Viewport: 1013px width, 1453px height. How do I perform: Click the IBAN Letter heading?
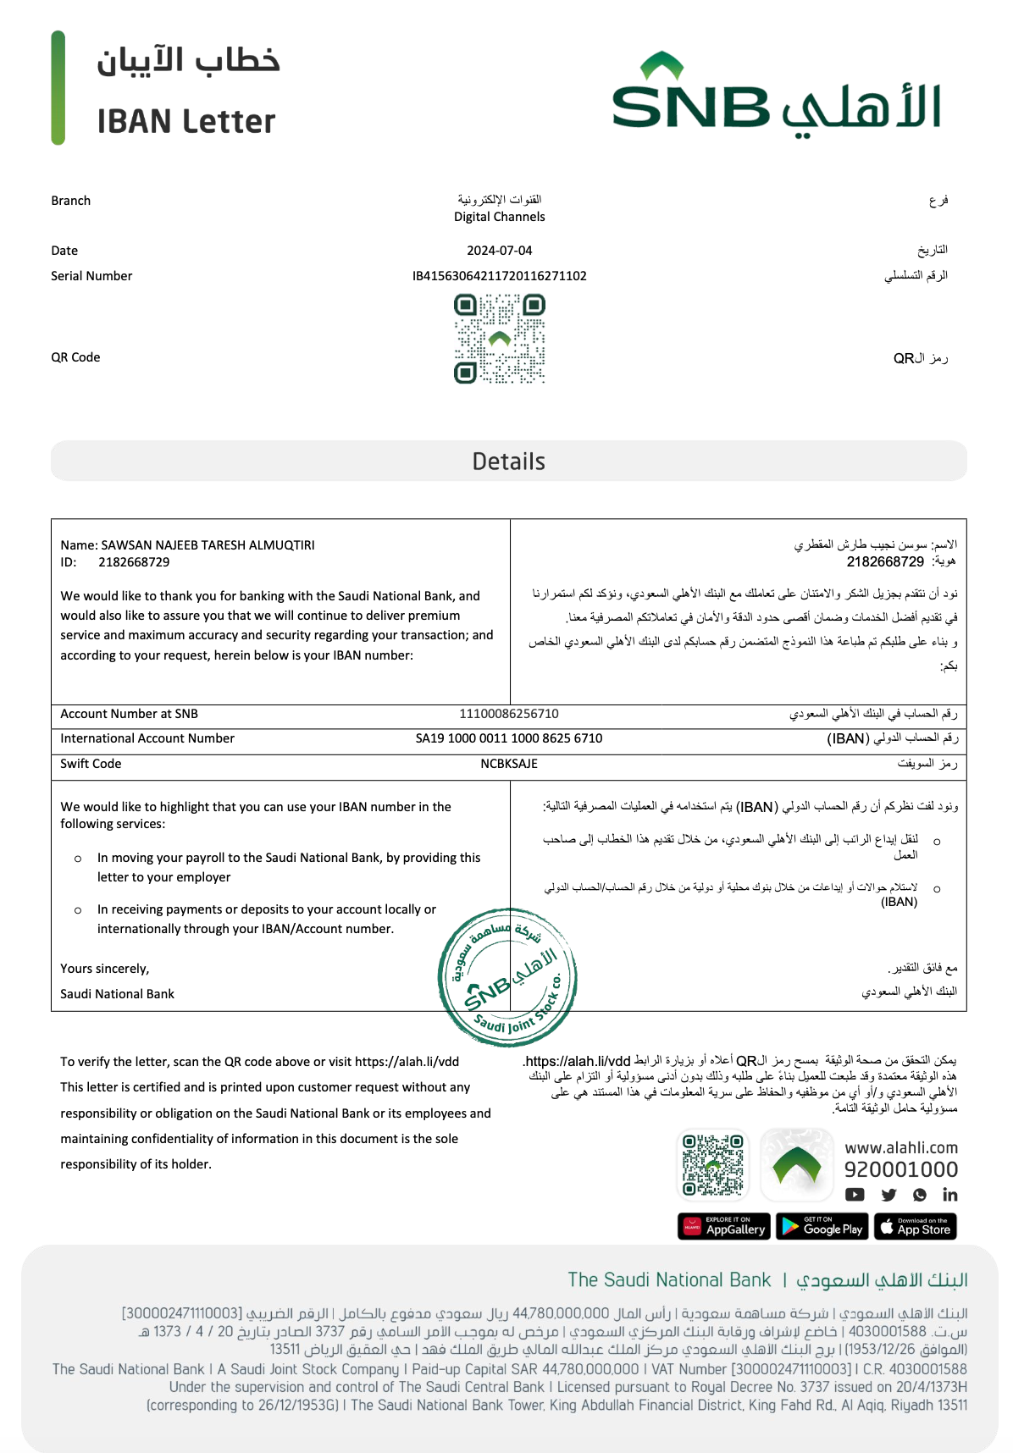tap(186, 122)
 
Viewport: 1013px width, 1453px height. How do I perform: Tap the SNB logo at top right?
tap(776, 93)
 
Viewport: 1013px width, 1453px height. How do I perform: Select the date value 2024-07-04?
tap(500, 251)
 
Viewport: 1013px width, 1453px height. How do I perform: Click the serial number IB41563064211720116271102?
tap(500, 276)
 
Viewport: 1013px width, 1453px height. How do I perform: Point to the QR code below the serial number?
tap(500, 339)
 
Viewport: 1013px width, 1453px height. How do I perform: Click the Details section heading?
tap(508, 461)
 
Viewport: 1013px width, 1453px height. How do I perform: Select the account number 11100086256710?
tap(509, 714)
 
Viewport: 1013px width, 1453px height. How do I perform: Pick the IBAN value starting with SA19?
tap(509, 738)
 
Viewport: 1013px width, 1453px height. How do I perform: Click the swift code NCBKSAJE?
tap(509, 764)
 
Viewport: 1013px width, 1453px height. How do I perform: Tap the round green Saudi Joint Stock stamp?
tap(507, 978)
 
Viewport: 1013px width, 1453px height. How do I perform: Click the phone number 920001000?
tap(901, 1170)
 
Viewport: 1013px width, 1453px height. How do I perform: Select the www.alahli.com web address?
tap(901, 1148)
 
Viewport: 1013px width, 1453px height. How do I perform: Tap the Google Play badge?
tap(821, 1227)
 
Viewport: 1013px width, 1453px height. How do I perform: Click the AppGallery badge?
tap(724, 1227)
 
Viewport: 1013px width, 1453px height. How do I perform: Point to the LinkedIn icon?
tap(950, 1195)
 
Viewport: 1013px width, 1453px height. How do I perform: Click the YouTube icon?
tap(855, 1195)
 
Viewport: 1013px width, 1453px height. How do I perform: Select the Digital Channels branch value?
tap(500, 217)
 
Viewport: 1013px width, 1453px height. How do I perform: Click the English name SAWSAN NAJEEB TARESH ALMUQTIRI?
tap(208, 545)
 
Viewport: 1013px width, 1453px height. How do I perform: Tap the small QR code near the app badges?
tap(714, 1165)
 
